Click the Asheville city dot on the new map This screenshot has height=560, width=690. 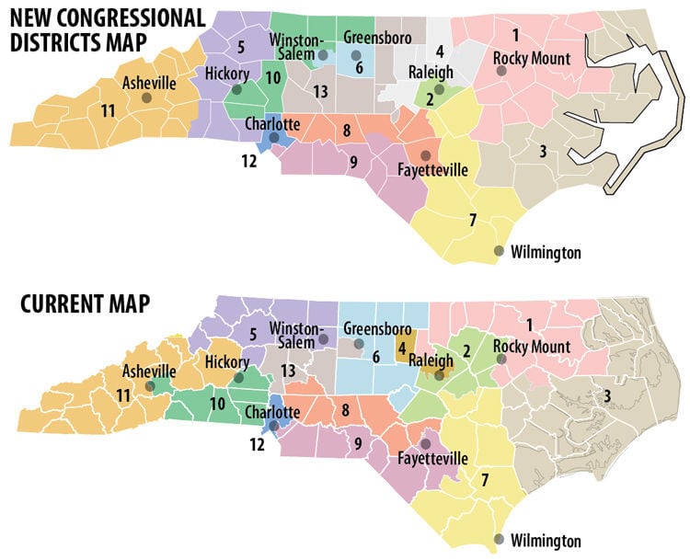pos(146,97)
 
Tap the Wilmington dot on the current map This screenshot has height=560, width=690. pos(500,539)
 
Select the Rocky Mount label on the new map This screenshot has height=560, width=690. pos(531,59)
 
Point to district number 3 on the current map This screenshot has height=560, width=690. pos(607,395)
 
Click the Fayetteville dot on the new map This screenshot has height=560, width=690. pos(425,155)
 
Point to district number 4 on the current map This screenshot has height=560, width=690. pos(402,348)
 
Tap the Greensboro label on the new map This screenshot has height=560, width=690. pos(374,38)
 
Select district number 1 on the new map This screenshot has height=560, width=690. pos(515,35)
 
